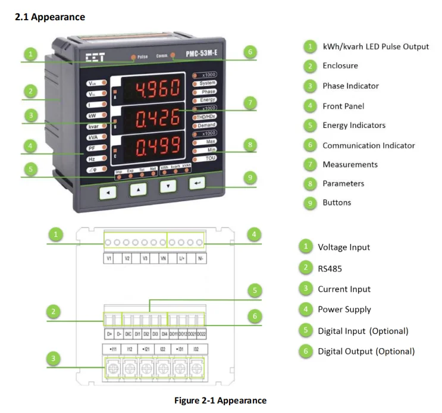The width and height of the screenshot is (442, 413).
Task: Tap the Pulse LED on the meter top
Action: click(x=134, y=57)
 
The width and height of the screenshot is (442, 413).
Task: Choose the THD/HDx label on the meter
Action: click(x=206, y=117)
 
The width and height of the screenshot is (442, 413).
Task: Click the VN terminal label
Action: click(x=163, y=259)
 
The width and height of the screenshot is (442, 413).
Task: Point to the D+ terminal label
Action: click(x=109, y=334)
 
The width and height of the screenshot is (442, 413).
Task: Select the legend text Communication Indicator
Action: click(x=368, y=145)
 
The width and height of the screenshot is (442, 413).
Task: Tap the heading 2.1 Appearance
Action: click(x=50, y=17)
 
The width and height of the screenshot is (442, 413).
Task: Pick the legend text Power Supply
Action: click(x=344, y=309)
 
